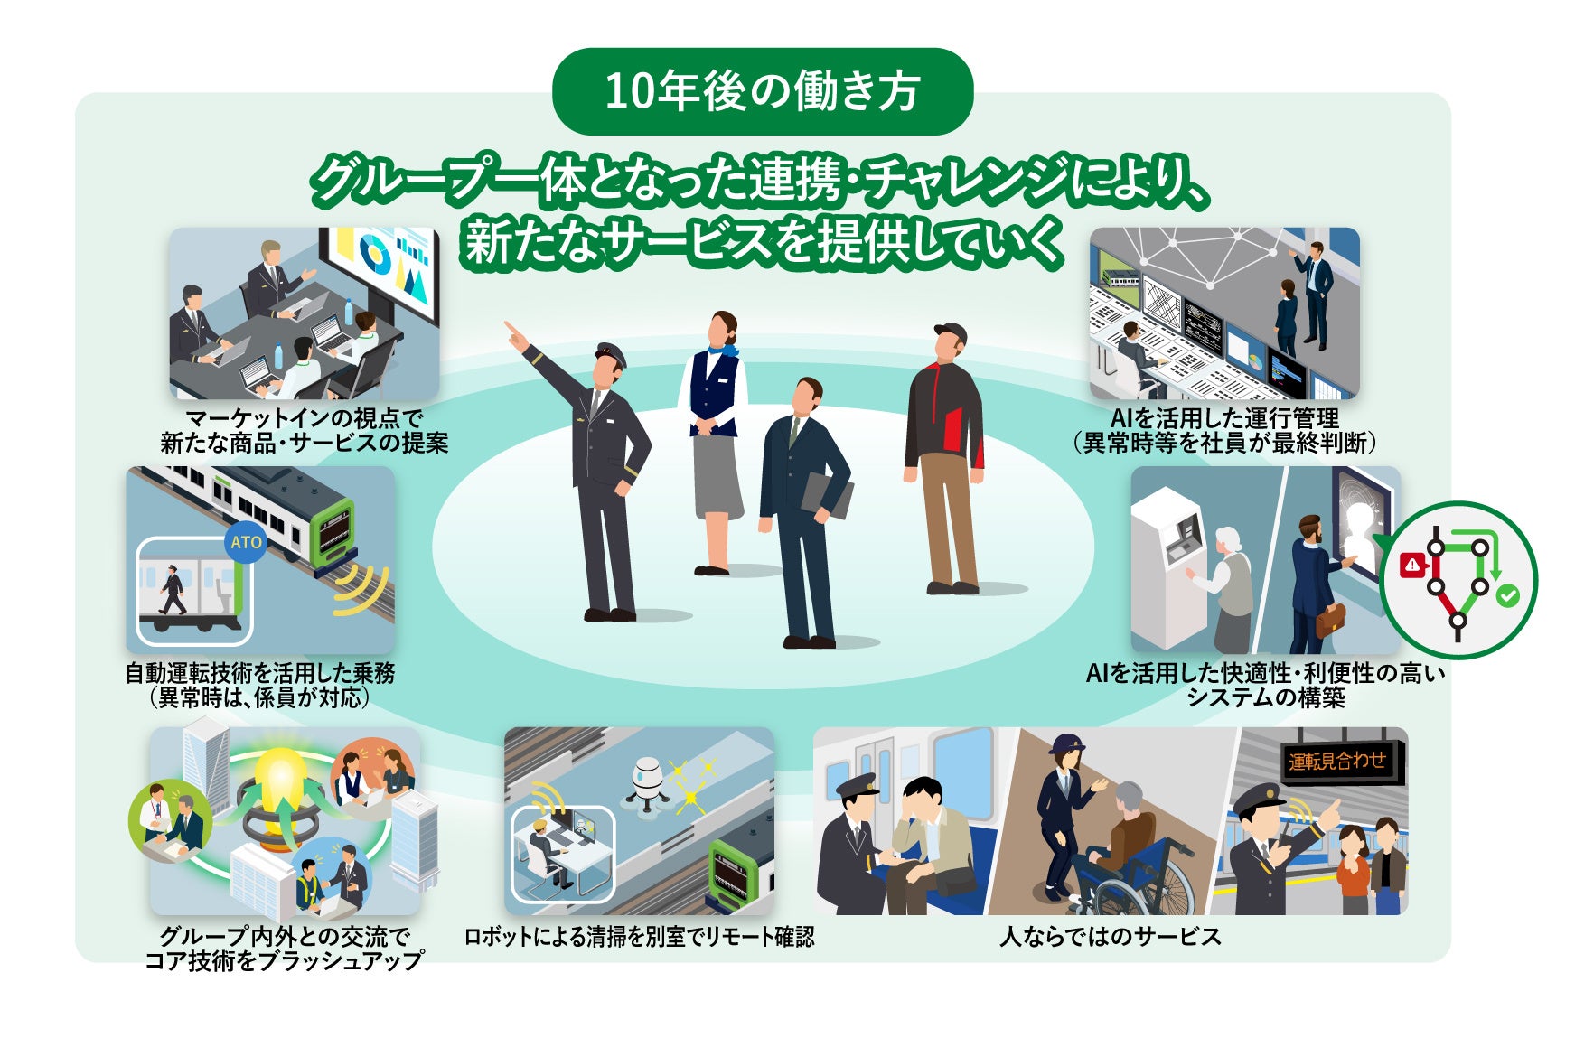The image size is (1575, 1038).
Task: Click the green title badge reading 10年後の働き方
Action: [762, 91]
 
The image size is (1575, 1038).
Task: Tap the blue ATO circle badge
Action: [246, 542]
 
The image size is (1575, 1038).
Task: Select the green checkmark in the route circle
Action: [1507, 595]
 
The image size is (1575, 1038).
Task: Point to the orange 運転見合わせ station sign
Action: [1336, 762]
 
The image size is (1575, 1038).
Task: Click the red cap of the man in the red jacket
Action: [949, 333]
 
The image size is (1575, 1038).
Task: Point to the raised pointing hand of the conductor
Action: [514, 333]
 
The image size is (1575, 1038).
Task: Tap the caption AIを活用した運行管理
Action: [1224, 418]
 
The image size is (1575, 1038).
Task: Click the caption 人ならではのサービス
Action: [1111, 937]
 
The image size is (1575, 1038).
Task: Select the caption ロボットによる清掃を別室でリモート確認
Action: [639, 937]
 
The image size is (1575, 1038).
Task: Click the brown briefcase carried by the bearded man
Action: [1329, 622]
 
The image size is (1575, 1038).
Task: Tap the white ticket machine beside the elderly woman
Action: [1168, 565]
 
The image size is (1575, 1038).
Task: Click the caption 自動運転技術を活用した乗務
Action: [259, 673]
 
